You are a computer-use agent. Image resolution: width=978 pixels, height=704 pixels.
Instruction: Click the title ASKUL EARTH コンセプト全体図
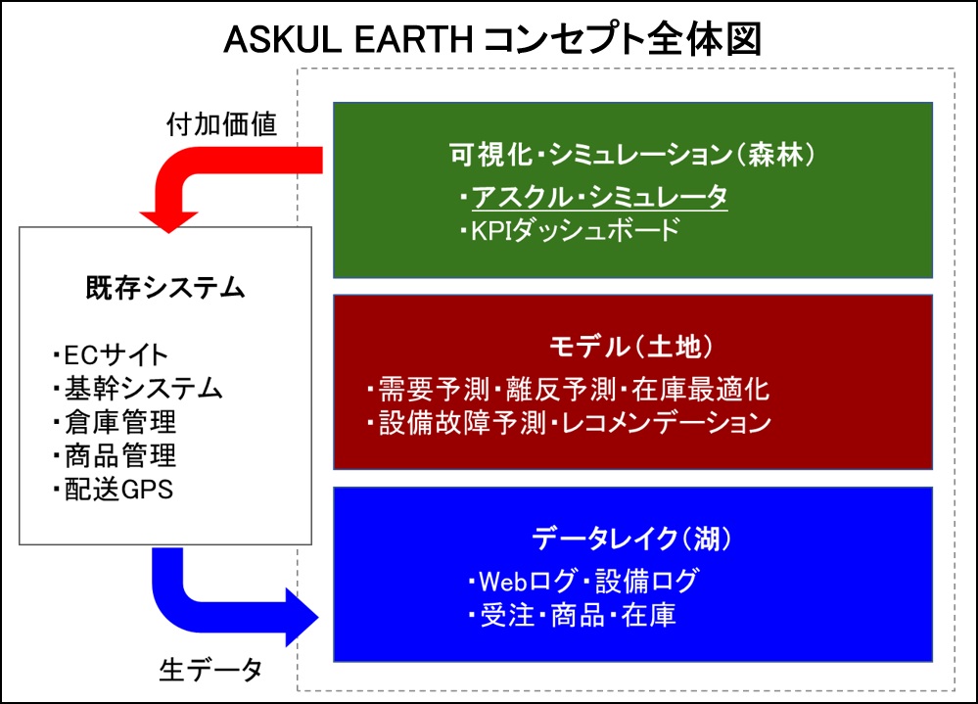click(492, 39)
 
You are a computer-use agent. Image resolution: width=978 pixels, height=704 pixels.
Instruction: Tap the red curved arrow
click(187, 164)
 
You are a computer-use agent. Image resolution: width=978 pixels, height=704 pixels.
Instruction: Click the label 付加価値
click(221, 124)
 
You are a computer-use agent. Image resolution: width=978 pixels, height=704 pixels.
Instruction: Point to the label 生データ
click(210, 671)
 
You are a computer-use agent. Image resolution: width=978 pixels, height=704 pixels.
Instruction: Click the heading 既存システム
click(165, 288)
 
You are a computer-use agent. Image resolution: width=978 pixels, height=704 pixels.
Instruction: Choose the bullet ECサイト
click(111, 354)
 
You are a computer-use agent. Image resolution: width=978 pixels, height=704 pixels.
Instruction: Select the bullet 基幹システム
click(137, 388)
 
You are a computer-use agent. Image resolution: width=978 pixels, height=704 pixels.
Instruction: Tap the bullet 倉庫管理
click(115, 422)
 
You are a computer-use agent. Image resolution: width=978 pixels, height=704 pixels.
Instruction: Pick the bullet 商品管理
click(115, 455)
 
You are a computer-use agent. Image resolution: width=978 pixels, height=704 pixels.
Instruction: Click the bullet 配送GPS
click(113, 490)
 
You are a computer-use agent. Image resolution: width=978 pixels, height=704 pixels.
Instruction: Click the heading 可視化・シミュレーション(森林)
click(631, 154)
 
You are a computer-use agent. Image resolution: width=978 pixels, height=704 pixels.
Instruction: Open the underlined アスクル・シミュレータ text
click(599, 197)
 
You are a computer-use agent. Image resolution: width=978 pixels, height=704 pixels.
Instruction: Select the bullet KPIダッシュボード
click(570, 230)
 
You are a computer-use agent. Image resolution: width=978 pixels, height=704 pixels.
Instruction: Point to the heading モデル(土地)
click(630, 347)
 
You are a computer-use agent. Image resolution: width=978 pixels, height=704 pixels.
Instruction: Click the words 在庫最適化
click(700, 389)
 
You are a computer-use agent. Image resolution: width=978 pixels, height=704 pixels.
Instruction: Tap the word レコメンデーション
click(666, 423)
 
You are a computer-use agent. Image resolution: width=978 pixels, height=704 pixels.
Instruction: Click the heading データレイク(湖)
click(631, 539)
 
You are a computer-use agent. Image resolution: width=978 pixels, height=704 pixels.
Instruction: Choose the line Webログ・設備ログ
click(583, 582)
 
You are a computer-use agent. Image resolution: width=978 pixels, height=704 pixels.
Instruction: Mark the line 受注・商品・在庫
click(572, 616)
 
